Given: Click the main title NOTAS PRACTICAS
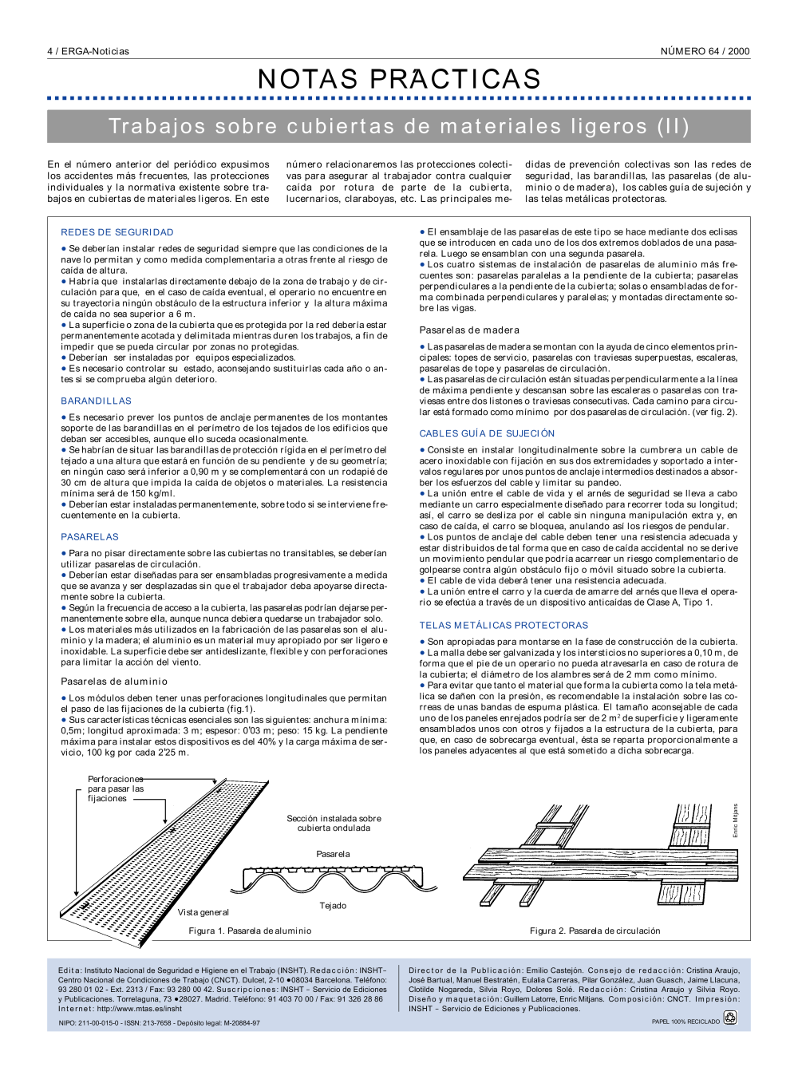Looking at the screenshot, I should click(399, 79).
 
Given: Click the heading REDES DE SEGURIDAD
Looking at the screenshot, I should click(117, 232).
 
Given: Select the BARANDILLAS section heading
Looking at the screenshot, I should click(97, 401).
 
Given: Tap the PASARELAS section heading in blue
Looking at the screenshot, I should click(90, 537).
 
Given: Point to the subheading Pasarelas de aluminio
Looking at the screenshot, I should click(114, 682).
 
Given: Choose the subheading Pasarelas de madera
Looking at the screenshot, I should click(469, 330).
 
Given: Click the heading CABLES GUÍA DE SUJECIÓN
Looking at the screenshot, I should click(487, 433).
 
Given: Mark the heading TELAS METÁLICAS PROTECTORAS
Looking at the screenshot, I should click(504, 626).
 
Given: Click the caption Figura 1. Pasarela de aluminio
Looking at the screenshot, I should click(250, 931).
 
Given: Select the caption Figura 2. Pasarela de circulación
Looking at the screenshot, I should click(595, 931).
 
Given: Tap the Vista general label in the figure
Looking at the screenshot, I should click(203, 912).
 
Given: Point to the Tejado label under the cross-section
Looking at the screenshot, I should click(333, 906).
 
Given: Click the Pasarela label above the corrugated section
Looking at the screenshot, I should click(333, 854).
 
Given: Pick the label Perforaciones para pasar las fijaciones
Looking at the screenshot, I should click(115, 789).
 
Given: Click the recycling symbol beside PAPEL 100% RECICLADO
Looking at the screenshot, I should click(729, 1018).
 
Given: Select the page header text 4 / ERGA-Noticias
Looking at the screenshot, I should click(88, 51).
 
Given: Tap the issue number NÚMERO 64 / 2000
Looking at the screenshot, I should click(705, 51).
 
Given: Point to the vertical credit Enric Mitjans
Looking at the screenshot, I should click(735, 820).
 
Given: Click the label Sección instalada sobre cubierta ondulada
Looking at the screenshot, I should click(334, 824).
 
